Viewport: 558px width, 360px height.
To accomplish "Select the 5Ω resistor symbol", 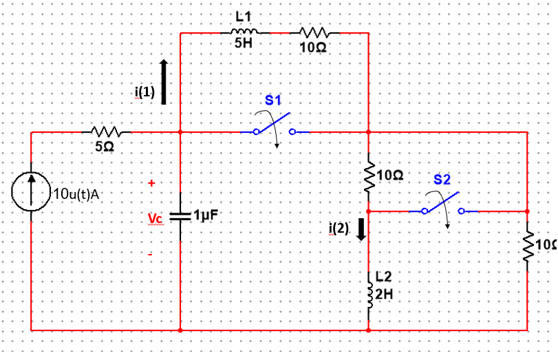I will point(105,131).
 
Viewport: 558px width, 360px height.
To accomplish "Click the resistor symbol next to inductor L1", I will point(314,32).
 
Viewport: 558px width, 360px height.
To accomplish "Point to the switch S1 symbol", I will point(274,128).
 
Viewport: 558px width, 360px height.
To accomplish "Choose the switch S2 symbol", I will point(443,207).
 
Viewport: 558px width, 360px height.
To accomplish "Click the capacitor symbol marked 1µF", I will point(180,216).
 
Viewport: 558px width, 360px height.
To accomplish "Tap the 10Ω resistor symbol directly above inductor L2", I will point(369,176).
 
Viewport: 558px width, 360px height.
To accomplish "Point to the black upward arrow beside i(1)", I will point(164,81).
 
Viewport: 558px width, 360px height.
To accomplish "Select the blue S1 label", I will point(274,100).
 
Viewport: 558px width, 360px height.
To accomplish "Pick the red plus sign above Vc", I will point(151,183).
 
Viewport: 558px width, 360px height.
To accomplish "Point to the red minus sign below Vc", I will point(151,255).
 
